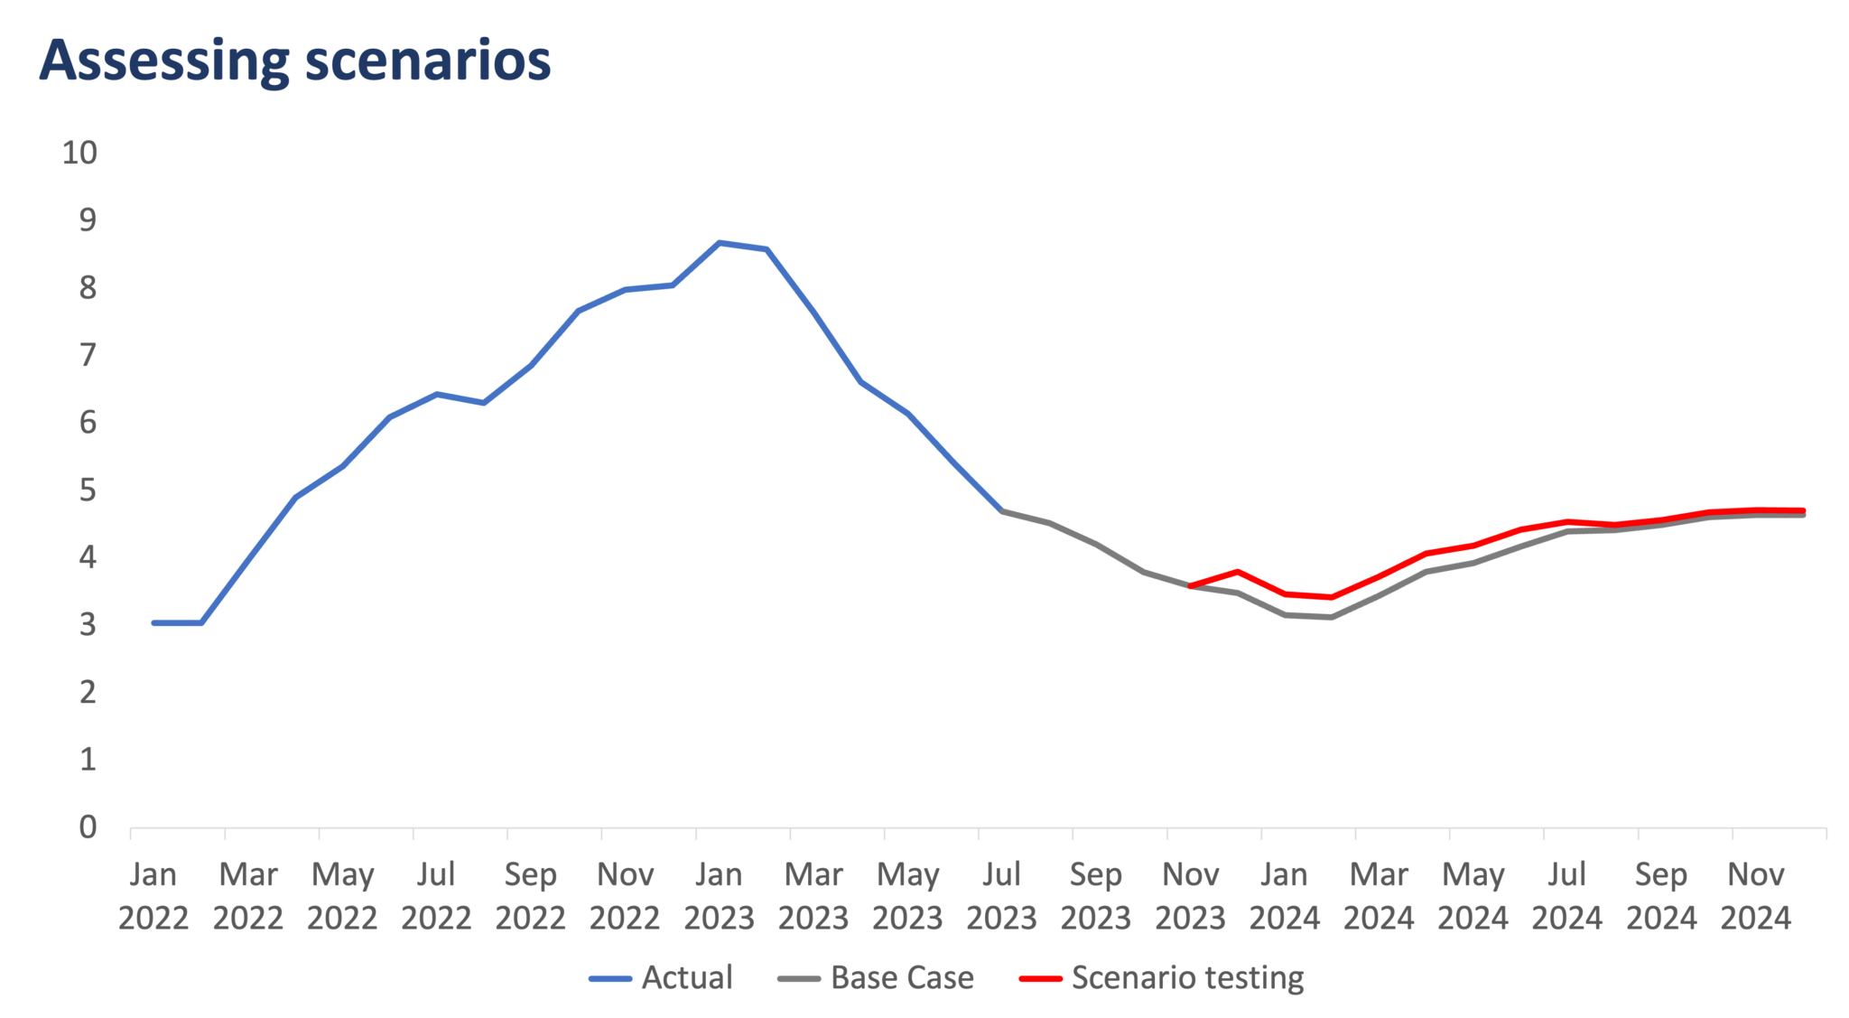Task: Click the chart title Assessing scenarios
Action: pos(294,61)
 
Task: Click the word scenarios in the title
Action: pos(427,61)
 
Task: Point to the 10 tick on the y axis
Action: pos(79,152)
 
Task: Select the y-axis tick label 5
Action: pos(87,490)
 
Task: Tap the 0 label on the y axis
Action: pos(87,827)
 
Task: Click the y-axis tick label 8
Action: pos(87,287)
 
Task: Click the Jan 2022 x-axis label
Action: pos(153,895)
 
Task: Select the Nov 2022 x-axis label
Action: pos(625,895)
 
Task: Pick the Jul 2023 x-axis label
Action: pos(1001,895)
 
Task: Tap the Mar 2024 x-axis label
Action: pos(1379,895)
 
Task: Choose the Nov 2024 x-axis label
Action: pos(1755,895)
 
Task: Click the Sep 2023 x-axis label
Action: pos(1095,895)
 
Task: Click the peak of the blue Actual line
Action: pos(720,242)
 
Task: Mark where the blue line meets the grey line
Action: pos(1002,510)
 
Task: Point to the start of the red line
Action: pos(1191,586)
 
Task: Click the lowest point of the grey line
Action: pos(1331,617)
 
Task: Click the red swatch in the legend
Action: pos(1041,978)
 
